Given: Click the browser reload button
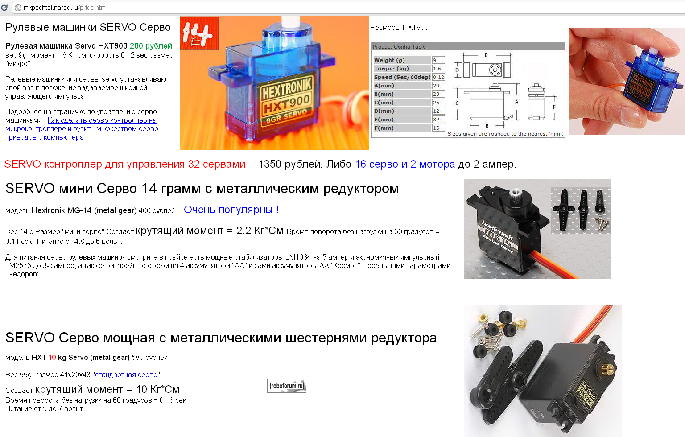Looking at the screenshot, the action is (x=4, y=7).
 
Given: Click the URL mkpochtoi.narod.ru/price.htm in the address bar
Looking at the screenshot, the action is (x=65, y=8).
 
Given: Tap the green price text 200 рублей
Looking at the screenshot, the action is (x=151, y=46).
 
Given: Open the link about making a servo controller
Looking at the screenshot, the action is (x=82, y=129).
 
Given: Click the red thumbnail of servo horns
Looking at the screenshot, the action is (x=199, y=33).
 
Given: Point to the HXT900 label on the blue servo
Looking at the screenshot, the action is (x=287, y=99).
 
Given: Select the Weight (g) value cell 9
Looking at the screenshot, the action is (x=438, y=60).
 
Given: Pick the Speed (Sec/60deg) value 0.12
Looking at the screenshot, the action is (x=438, y=77).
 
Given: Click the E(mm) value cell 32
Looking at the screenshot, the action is (x=438, y=120).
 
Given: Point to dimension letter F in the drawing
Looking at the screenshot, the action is (x=554, y=107).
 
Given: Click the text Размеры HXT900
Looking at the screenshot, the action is (x=400, y=28).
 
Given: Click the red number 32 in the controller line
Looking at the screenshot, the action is (x=194, y=164).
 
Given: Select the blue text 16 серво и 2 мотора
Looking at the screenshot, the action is (x=405, y=164).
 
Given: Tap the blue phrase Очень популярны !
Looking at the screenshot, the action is (x=231, y=210).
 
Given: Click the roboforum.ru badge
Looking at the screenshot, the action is (x=287, y=386).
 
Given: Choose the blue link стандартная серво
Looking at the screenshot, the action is (x=126, y=375).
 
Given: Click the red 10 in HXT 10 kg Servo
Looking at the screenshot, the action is (x=52, y=358).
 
